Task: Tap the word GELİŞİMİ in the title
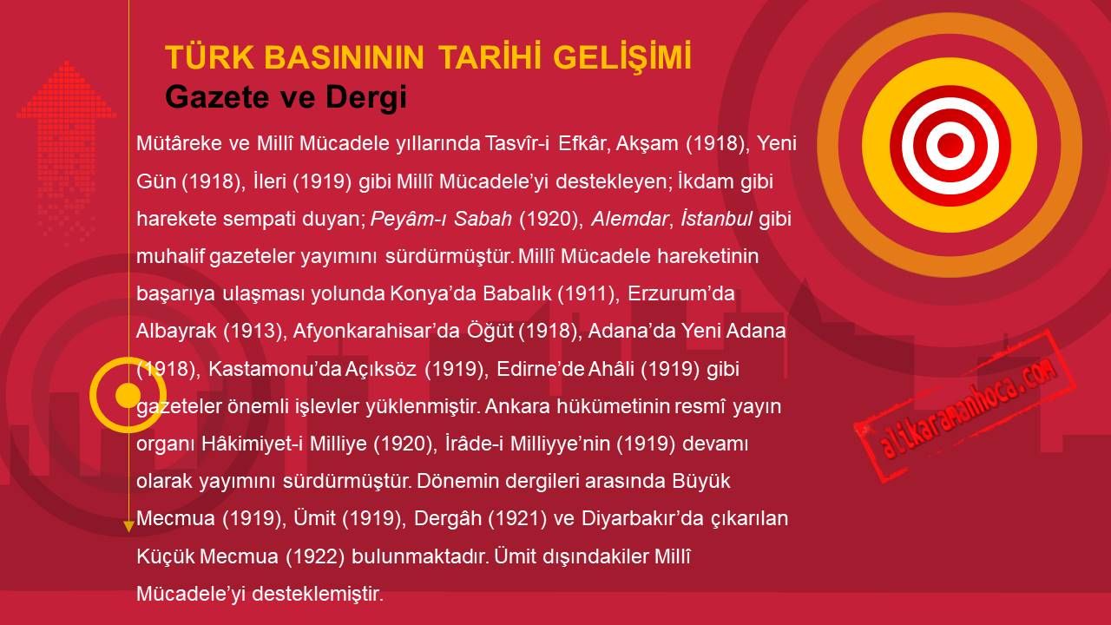pos(622,58)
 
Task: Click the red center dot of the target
pos(950,145)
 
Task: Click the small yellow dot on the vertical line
pos(128,395)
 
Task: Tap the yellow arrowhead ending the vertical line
pos(128,527)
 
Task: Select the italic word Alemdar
pos(629,219)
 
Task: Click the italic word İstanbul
pos(716,218)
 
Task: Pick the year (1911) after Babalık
pos(588,293)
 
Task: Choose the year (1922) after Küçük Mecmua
pos(315,556)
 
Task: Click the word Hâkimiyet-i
pos(252,444)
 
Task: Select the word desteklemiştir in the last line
pos(318,594)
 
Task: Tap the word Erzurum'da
pos(681,293)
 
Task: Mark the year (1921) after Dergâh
pos(517,518)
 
